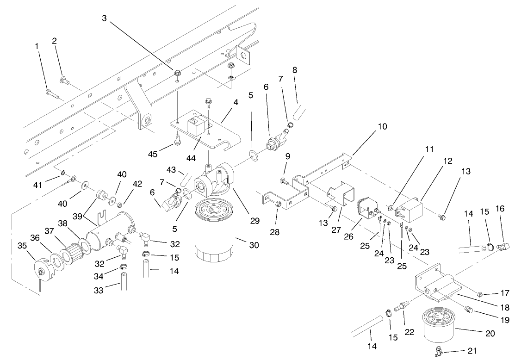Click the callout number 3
click(x=105, y=18)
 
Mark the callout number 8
click(x=294, y=70)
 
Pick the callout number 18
click(x=504, y=307)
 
